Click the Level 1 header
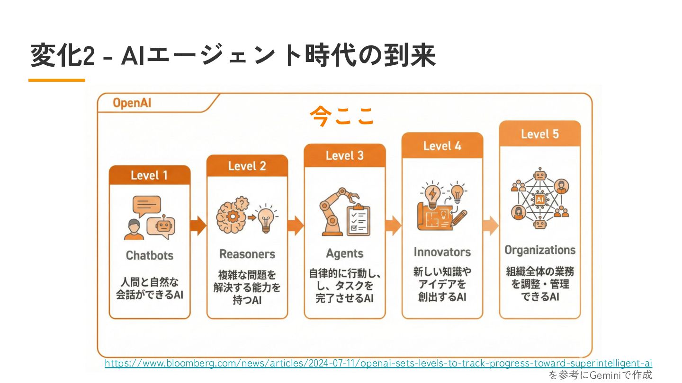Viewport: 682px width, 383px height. click(x=149, y=175)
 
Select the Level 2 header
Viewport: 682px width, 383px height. click(x=247, y=166)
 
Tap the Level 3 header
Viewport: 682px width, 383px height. click(x=344, y=156)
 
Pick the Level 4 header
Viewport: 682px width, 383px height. click(x=442, y=146)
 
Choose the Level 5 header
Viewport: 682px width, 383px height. click(x=539, y=134)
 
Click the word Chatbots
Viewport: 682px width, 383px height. click(x=149, y=256)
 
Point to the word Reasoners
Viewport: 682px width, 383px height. click(x=247, y=254)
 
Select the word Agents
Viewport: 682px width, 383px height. click(x=344, y=254)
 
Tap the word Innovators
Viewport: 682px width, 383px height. click(x=442, y=252)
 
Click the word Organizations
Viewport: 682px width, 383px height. click(x=539, y=250)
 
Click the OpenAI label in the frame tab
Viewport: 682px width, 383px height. click(x=132, y=103)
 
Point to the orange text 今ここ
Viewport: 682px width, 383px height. click(x=342, y=116)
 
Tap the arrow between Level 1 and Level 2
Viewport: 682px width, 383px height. click(x=198, y=226)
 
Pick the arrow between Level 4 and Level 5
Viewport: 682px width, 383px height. click(x=491, y=226)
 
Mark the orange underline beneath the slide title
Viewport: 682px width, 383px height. click(x=57, y=80)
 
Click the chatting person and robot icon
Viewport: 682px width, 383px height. click(x=149, y=218)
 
